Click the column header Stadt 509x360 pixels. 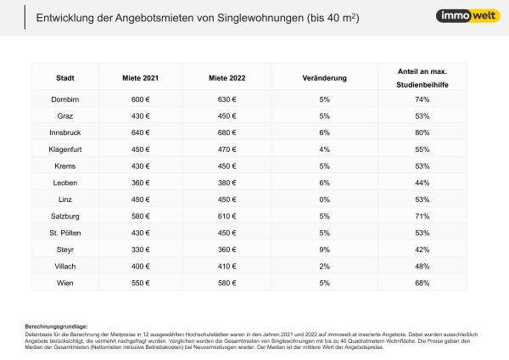(65, 77)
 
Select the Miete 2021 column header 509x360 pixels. (140, 77)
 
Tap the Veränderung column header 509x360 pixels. (324, 77)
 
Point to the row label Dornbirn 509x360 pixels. (65, 99)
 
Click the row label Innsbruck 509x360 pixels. (65, 132)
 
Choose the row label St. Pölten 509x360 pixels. (65, 233)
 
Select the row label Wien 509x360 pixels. (65, 282)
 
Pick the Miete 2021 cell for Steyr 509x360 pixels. (140, 249)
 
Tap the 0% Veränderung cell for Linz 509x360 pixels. (324, 199)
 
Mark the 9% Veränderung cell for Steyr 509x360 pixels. (324, 249)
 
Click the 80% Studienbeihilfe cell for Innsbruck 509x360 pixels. (422, 132)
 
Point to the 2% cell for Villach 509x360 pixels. (324, 266)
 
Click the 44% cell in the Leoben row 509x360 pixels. (422, 183)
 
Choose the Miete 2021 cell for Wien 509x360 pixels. (140, 282)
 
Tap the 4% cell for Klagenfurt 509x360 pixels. (324, 149)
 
